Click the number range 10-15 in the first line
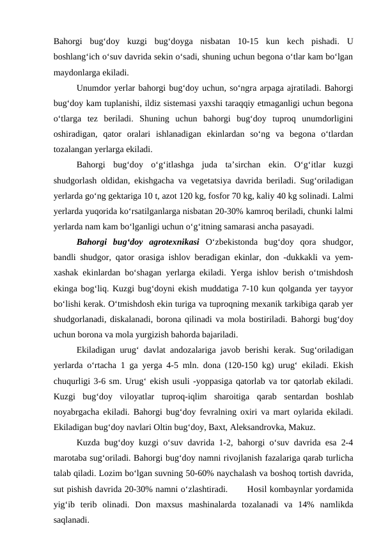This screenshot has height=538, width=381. (251, 42)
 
